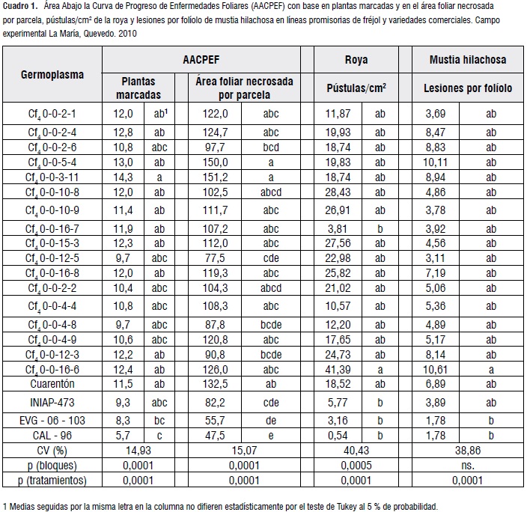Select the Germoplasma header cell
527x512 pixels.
[52, 75]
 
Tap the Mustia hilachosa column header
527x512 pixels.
[468, 59]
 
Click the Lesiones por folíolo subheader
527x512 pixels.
[468, 88]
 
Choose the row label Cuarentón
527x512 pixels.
[52, 383]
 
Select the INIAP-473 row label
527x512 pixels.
[52, 403]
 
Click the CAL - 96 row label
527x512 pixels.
[52, 435]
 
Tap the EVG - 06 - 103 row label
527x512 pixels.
[52, 420]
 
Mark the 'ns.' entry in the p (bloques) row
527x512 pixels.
[468, 466]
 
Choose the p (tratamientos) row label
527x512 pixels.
[52, 481]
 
